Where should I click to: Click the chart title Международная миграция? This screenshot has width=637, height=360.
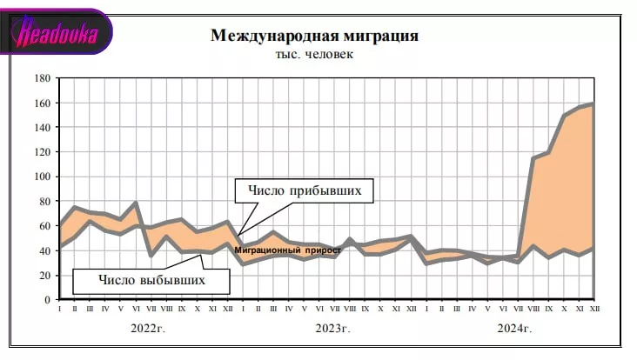314,37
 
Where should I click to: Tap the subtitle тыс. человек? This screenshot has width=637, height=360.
314,54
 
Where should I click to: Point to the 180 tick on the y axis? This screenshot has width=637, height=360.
42,78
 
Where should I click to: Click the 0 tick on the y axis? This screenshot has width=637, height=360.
47,299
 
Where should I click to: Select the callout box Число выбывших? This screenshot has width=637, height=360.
151,280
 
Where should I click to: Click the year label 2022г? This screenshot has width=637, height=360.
149,328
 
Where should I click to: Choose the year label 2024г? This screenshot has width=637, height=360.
513,328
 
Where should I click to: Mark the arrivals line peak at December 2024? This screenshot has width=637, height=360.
593,104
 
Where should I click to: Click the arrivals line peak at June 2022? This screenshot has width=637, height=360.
136,203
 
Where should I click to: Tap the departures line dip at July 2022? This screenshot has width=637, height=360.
151,256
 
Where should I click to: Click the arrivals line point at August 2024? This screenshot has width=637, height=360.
532,158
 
